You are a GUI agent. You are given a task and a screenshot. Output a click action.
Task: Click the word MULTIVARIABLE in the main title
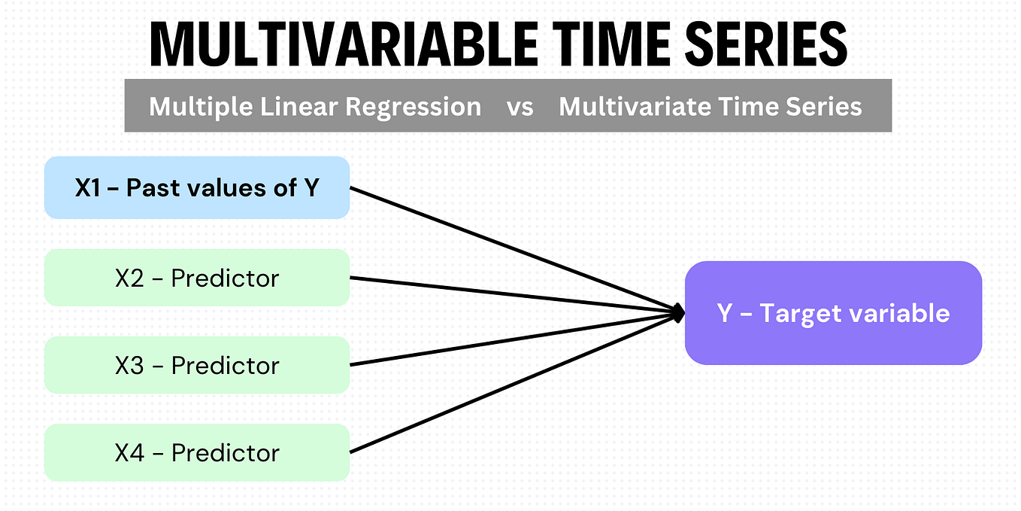tap(343, 44)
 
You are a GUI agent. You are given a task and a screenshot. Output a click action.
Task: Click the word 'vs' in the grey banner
tap(520, 107)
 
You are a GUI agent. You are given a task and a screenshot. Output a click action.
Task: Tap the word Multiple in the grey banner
tap(200, 107)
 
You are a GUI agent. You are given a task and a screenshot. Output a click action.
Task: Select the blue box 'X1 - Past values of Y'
tap(197, 187)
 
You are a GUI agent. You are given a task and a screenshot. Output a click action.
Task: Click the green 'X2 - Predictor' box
tap(197, 278)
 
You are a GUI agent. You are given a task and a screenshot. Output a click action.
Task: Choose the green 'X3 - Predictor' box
tap(197, 365)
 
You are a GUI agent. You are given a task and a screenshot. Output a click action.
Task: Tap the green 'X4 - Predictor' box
tap(197, 452)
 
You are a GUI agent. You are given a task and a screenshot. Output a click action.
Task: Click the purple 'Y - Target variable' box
tap(833, 312)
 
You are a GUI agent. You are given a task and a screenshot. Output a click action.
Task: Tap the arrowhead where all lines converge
tap(679, 312)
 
